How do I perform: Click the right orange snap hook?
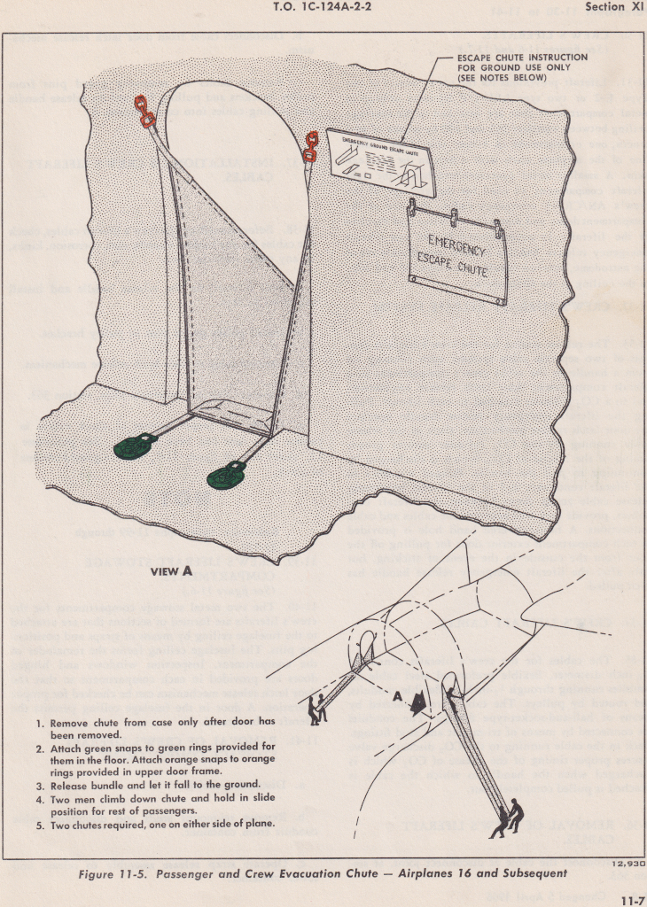309,147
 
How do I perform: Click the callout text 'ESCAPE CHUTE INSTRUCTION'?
521,58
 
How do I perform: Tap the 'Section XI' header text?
613,7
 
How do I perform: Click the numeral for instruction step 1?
40,723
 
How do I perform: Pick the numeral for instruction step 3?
40,785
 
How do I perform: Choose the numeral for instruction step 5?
40,825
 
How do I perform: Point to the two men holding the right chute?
509,816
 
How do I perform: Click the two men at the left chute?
316,708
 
